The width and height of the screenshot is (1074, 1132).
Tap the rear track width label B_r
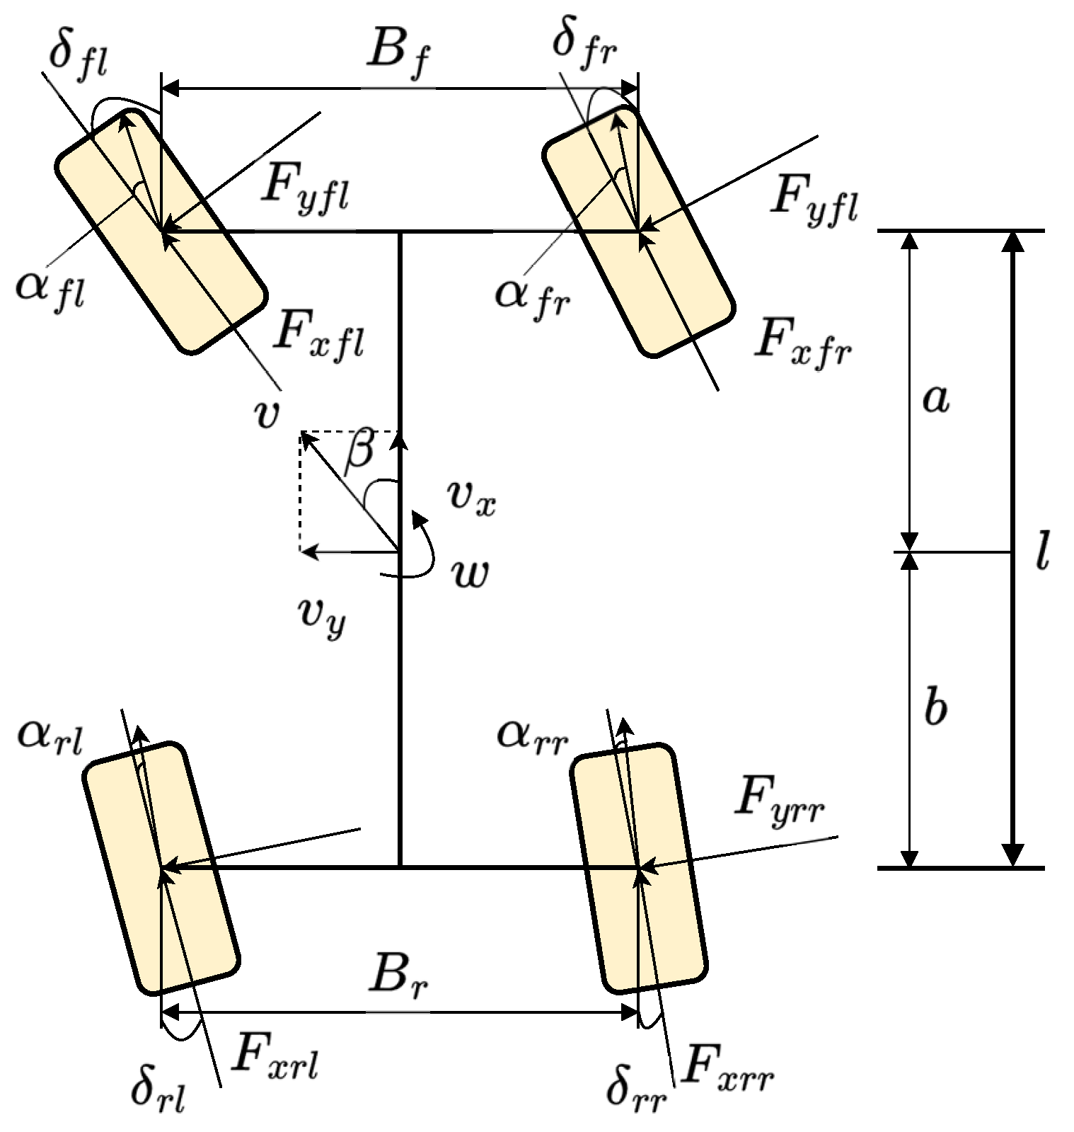(400, 980)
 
